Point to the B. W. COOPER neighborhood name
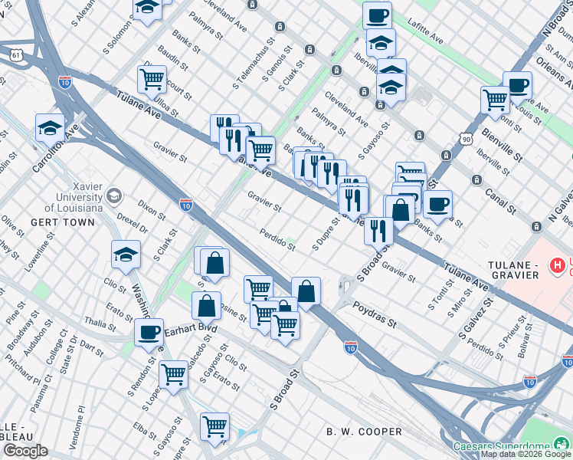pyautogui.click(x=364, y=432)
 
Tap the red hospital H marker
pyautogui.click(x=558, y=265)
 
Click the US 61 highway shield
pyautogui.click(x=15, y=54)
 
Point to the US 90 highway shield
pyautogui.click(x=466, y=139)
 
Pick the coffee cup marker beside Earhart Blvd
pyautogui.click(x=149, y=333)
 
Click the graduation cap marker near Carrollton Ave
pyautogui.click(x=50, y=127)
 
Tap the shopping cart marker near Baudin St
pyautogui.click(x=152, y=78)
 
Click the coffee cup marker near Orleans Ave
pyautogui.click(x=517, y=84)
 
